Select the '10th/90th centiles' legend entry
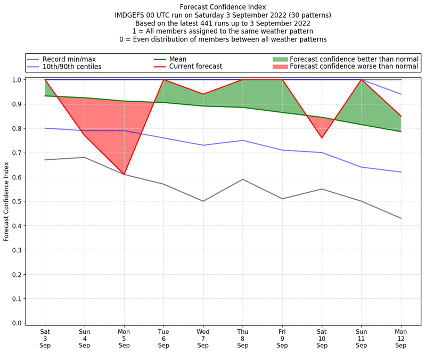[x=72, y=67]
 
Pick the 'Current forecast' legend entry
[x=195, y=67]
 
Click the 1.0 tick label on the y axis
[x=17, y=80]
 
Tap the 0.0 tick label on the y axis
[x=17, y=323]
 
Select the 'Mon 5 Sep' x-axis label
[x=124, y=338]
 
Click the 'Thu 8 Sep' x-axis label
[x=243, y=338]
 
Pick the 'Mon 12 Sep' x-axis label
[x=401, y=338]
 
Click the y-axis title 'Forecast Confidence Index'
[x=6, y=201]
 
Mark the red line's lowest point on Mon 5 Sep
[x=124, y=174]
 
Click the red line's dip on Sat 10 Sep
[x=322, y=138]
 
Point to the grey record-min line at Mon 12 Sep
[x=401, y=218]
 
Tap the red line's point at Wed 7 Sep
[x=203, y=94]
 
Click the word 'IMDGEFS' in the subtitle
[x=131, y=15]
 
